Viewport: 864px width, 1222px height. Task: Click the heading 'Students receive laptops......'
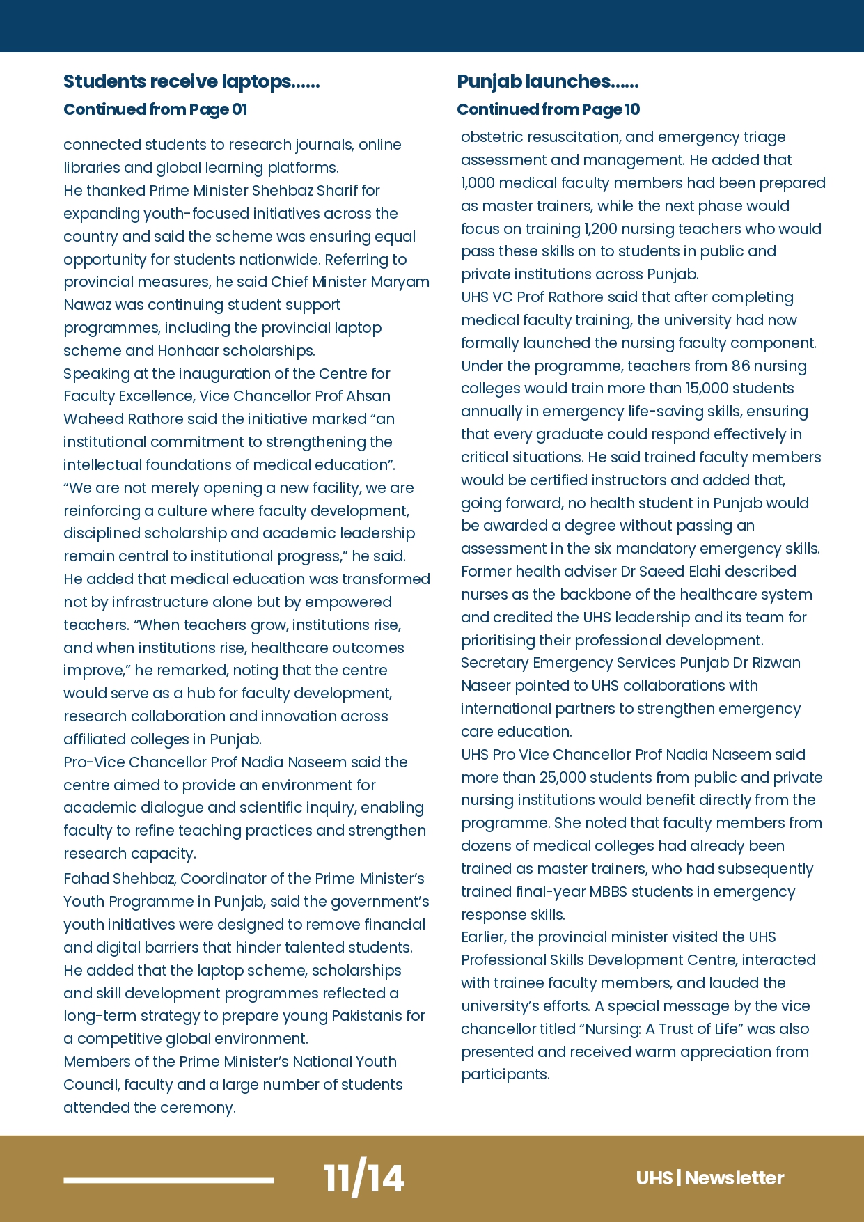(191, 81)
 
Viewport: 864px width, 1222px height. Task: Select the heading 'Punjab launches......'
(547, 81)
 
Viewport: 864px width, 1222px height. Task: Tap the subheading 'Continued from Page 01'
(155, 109)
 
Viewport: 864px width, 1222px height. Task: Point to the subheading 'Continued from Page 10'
(548, 109)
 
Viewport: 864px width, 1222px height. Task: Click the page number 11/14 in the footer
(363, 1178)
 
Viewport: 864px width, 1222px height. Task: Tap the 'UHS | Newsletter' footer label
(709, 1178)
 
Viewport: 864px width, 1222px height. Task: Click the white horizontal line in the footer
(168, 1180)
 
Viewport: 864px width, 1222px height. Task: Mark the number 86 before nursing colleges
(740, 366)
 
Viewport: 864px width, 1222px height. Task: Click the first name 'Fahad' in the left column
(86, 878)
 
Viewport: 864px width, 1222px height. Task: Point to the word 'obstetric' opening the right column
(491, 136)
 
